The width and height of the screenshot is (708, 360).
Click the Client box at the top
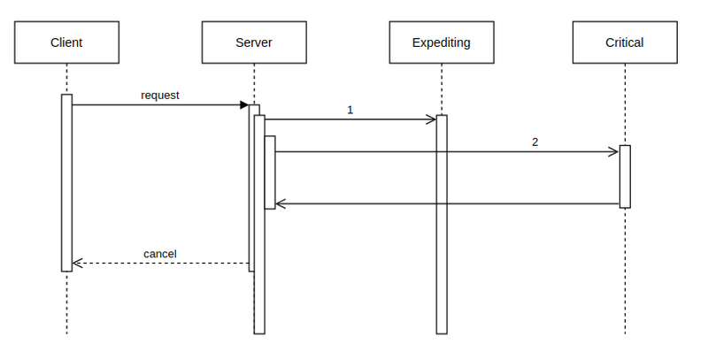pyautogui.click(x=66, y=42)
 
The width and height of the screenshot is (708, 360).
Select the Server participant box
pyautogui.click(x=254, y=42)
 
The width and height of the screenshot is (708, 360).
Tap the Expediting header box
pyautogui.click(x=441, y=42)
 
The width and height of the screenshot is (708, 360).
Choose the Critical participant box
pyautogui.click(x=624, y=42)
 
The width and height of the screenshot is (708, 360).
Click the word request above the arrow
pyautogui.click(x=160, y=95)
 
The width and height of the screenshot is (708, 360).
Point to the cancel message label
pyautogui.click(x=160, y=254)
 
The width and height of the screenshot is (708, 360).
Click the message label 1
pyautogui.click(x=350, y=111)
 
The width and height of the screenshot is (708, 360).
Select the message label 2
pyautogui.click(x=535, y=142)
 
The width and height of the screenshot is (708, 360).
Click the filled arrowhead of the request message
pyautogui.click(x=244, y=105)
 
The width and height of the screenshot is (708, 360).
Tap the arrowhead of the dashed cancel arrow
pyautogui.click(x=76, y=263)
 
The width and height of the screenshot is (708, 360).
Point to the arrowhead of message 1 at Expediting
pyautogui.click(x=432, y=119)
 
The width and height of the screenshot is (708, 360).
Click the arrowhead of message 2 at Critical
pyautogui.click(x=614, y=152)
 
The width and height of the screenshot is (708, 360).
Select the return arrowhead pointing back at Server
pyautogui.click(x=281, y=204)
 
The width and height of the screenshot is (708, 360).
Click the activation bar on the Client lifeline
pyautogui.click(x=66, y=181)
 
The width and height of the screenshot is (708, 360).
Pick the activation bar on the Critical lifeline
pyautogui.click(x=625, y=176)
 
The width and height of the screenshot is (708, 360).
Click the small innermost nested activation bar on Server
pyautogui.click(x=270, y=172)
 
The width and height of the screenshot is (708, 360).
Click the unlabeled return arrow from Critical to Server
pyautogui.click(x=447, y=204)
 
